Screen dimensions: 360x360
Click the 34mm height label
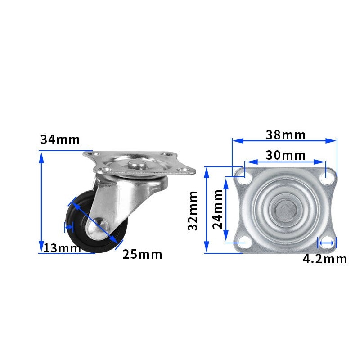[60, 139]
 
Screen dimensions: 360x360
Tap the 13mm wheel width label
[62, 248]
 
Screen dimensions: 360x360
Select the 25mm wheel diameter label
[142, 254]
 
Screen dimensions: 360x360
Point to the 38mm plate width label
[285, 135]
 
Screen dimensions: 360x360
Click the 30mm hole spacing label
[285, 155]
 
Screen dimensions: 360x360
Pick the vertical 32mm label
[193, 210]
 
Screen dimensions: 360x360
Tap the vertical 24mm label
[218, 208]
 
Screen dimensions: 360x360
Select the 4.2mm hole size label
[324, 259]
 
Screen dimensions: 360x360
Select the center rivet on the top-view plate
[284, 209]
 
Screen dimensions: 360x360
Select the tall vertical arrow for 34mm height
[41, 202]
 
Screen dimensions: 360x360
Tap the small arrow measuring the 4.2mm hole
[327, 243]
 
